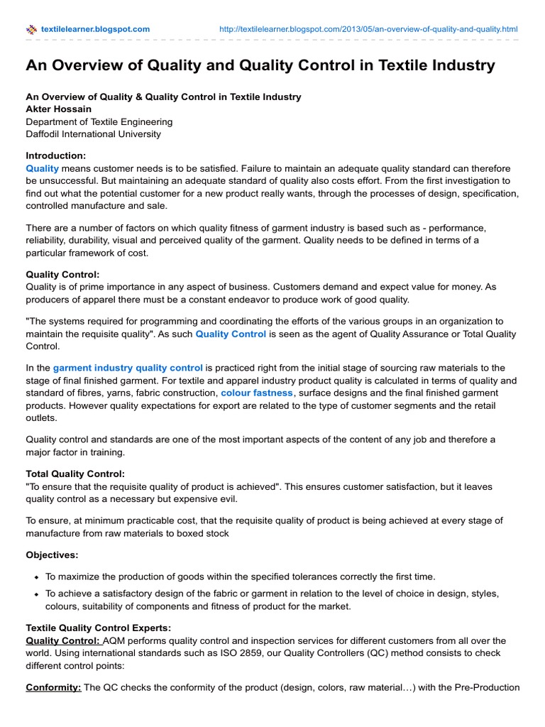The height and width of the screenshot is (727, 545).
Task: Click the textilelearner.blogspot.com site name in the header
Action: pyautogui.click(x=96, y=29)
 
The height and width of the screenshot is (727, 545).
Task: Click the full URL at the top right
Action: pyautogui.click(x=369, y=29)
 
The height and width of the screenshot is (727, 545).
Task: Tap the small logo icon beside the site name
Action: pyautogui.click(x=32, y=30)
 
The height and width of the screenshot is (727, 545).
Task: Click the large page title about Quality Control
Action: pyautogui.click(x=260, y=66)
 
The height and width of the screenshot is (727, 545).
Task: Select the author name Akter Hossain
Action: pyautogui.click(x=59, y=109)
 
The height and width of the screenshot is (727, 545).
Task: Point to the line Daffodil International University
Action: pyautogui.click(x=93, y=133)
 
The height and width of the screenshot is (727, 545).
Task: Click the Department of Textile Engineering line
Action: pyautogui.click(x=99, y=121)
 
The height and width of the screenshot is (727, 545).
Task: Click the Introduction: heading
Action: pyautogui.click(x=56, y=155)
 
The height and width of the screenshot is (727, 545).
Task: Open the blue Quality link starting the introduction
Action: pyautogui.click(x=42, y=168)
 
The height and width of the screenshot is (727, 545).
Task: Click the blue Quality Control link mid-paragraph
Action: pyautogui.click(x=231, y=334)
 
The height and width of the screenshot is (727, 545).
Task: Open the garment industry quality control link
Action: pyautogui.click(x=128, y=368)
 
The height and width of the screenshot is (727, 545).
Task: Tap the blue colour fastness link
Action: pyautogui.click(x=256, y=393)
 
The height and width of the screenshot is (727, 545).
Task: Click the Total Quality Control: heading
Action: pyautogui.click(x=75, y=474)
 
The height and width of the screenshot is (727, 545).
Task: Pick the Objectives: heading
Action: pyautogui.click(x=53, y=554)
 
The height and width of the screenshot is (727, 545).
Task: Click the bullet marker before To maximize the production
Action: pyautogui.click(x=35, y=577)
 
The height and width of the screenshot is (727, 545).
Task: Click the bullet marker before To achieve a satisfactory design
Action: pyautogui.click(x=35, y=594)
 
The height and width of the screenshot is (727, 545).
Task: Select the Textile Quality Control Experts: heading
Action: pyautogui.click(x=98, y=628)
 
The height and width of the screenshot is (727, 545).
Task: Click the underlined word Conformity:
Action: pyautogui.click(x=53, y=687)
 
